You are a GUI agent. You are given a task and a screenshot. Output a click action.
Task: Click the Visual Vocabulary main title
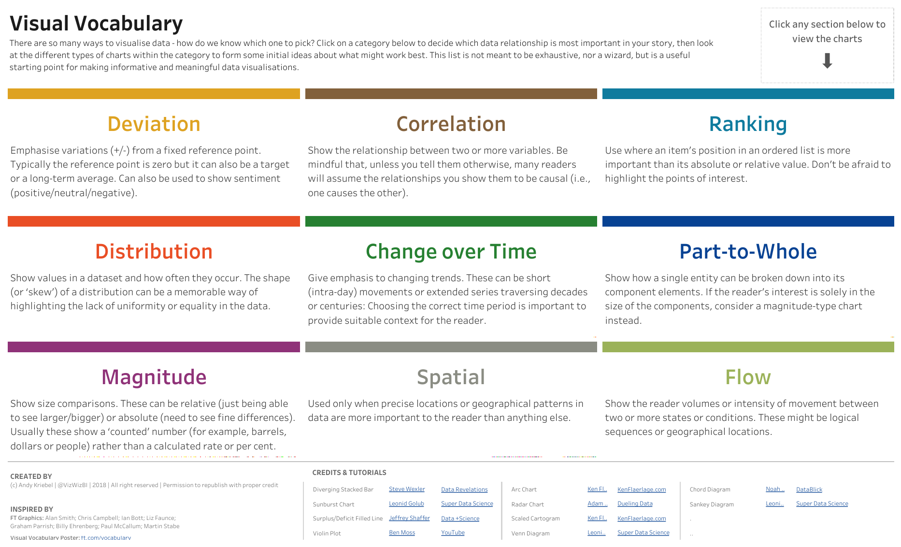(x=96, y=24)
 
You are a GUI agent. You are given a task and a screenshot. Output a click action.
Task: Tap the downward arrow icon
(x=827, y=61)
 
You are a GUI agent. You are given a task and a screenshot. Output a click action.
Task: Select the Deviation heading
(x=154, y=124)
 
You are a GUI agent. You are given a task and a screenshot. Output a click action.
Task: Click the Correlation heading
(x=451, y=124)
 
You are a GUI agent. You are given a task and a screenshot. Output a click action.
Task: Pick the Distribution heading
(x=154, y=252)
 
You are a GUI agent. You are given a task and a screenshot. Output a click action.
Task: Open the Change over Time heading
(x=451, y=252)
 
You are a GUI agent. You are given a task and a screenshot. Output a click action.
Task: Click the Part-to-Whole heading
(x=748, y=252)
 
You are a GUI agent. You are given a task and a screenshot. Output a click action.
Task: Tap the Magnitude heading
(x=154, y=377)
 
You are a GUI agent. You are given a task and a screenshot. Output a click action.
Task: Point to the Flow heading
(x=748, y=377)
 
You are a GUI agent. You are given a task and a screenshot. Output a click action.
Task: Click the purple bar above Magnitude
(x=154, y=347)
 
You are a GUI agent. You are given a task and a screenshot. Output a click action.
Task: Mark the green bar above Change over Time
(x=451, y=221)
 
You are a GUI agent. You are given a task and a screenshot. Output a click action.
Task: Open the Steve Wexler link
(x=407, y=489)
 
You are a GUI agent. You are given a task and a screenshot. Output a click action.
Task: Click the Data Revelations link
(x=464, y=489)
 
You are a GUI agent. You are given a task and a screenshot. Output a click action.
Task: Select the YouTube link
(x=453, y=533)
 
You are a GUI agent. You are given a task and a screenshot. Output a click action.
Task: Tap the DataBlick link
(x=809, y=489)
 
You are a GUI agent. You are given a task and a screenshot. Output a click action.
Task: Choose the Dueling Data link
(x=635, y=504)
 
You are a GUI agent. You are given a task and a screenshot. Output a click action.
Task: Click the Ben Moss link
(x=402, y=533)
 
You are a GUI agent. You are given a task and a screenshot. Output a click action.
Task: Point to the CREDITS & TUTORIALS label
(x=349, y=473)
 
